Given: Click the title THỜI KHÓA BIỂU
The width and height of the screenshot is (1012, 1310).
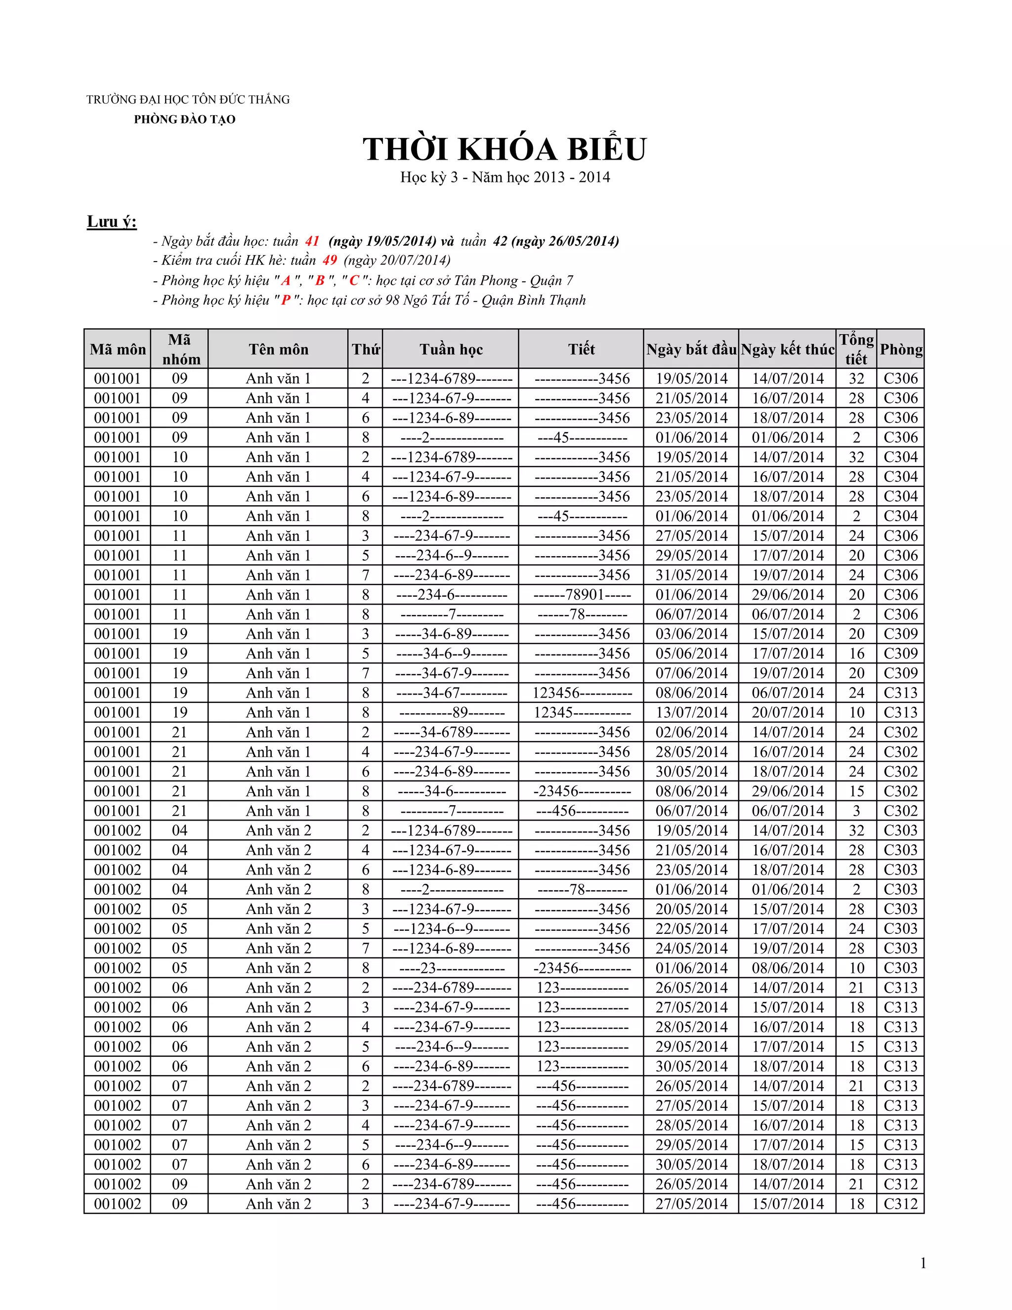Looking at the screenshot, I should coord(505,149).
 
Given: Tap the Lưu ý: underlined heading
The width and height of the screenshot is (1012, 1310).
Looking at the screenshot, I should coord(112,222).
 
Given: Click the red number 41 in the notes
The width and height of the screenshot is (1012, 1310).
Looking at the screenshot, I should coord(312,241).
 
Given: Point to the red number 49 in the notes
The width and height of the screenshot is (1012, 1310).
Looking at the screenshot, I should coord(330,261).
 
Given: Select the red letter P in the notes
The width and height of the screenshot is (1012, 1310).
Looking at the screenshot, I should coord(286,300).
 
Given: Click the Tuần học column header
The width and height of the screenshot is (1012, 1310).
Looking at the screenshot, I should coord(451,349).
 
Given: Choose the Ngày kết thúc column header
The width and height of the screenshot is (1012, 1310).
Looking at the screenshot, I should coord(787,349).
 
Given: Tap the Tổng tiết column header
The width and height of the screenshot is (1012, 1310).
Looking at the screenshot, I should coord(856,349).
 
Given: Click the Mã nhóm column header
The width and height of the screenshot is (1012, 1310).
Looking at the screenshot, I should coord(180,349).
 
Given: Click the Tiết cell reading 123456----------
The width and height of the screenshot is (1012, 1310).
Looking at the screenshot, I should coord(582,693).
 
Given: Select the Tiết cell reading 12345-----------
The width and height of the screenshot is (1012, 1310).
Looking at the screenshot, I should coord(582,712).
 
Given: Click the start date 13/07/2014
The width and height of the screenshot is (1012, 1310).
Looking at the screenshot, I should coord(691,712).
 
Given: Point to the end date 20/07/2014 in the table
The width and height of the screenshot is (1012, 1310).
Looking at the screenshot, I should coord(788,712).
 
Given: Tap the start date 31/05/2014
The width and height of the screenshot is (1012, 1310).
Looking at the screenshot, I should coord(691,575).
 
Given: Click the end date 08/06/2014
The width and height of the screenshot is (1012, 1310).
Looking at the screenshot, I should coord(788,968).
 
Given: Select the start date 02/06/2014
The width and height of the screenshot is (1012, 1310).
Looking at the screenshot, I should coord(691,733).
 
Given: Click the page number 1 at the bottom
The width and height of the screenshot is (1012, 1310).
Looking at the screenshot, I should coord(923,1263).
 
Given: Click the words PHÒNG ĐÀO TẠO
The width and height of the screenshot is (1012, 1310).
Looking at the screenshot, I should coord(185,119).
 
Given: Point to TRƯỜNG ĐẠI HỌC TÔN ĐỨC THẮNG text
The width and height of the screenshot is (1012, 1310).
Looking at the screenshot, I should coord(188,99).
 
